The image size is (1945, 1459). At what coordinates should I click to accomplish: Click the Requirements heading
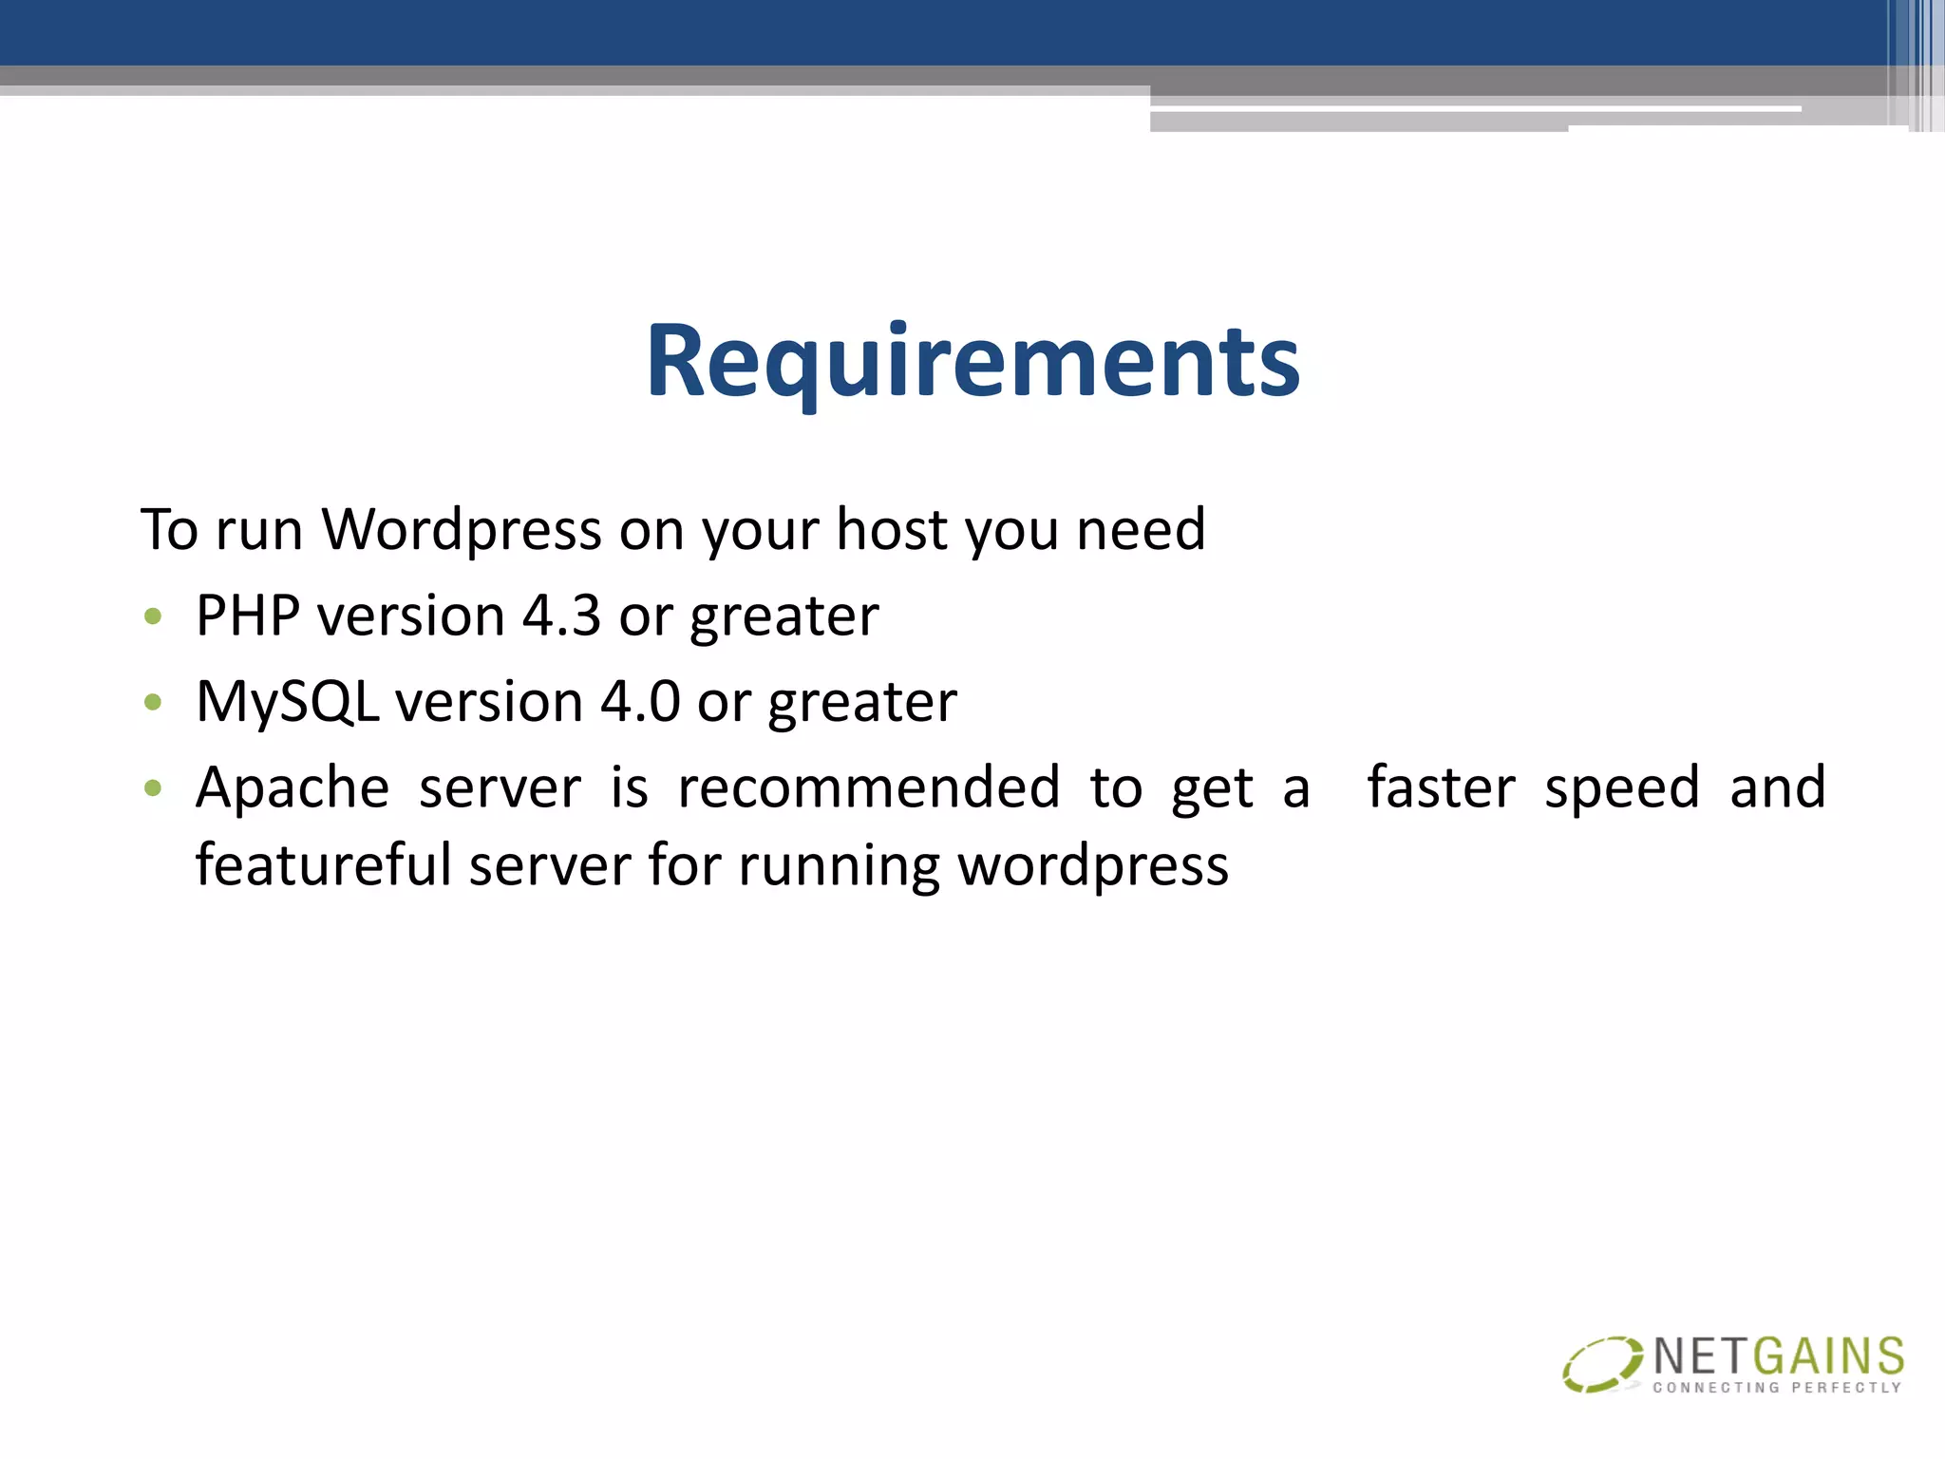(x=972, y=362)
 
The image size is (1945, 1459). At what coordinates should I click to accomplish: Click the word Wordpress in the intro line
(x=462, y=529)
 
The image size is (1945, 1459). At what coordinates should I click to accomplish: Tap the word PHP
(x=248, y=616)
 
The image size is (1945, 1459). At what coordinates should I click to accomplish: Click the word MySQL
(x=288, y=702)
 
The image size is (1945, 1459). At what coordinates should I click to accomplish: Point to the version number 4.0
(x=640, y=702)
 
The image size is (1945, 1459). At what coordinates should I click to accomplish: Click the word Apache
(x=293, y=788)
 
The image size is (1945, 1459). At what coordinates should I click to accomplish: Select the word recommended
(x=868, y=788)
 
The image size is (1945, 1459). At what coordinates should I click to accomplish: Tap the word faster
(x=1441, y=788)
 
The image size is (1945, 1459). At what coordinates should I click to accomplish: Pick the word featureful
(x=323, y=865)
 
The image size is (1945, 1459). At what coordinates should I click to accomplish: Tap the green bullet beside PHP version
(x=153, y=617)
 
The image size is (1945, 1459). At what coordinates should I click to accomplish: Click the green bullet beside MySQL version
(x=153, y=703)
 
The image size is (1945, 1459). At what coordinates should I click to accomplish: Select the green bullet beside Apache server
(x=153, y=788)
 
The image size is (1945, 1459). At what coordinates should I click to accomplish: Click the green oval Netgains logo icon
(x=1602, y=1364)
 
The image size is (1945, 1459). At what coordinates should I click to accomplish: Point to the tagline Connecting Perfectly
(x=1777, y=1388)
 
